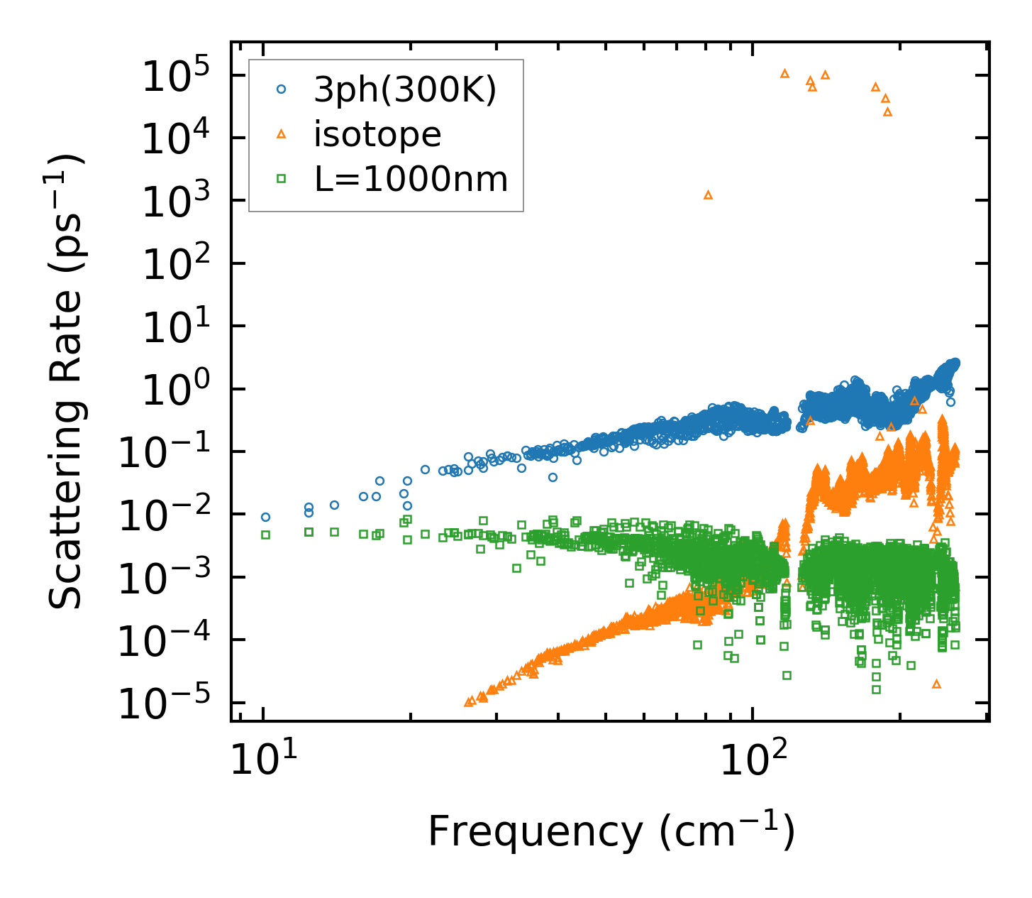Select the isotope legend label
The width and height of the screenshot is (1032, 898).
(377, 134)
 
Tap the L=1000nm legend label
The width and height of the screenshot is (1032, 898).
(411, 180)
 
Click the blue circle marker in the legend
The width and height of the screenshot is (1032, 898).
(281, 89)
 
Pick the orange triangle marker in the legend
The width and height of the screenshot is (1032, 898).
(281, 133)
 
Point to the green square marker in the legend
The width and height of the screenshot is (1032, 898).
(281, 179)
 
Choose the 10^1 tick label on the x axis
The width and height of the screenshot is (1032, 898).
(262, 762)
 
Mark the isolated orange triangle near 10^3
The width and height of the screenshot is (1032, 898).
(708, 195)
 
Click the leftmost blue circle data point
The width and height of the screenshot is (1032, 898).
(265, 518)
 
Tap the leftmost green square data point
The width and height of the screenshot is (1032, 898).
(265, 535)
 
